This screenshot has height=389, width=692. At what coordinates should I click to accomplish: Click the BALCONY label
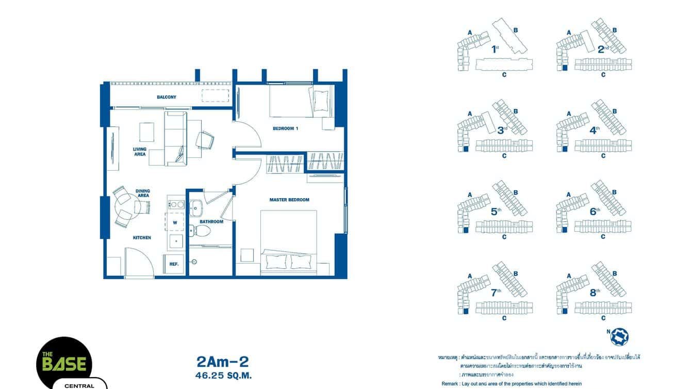[x=167, y=97]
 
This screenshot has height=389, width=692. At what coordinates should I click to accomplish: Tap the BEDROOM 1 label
[x=286, y=128]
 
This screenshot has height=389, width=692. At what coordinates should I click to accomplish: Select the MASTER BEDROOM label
[x=289, y=200]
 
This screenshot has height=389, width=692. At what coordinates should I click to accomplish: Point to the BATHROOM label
[x=211, y=222]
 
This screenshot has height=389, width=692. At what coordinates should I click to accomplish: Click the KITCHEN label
[x=142, y=238]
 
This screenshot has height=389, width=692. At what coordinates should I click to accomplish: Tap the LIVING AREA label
[x=140, y=152]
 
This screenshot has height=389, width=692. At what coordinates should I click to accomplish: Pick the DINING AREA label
[x=143, y=193]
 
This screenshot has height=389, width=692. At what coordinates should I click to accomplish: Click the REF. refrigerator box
[x=174, y=264]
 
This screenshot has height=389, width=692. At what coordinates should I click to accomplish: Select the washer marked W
[x=175, y=223]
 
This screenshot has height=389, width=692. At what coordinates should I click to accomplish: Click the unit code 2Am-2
[x=223, y=361]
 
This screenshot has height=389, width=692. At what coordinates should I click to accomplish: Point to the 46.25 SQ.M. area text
[x=223, y=376]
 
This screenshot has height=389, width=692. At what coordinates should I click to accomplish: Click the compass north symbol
[x=619, y=336]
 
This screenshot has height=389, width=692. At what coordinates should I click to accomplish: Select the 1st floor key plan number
[x=495, y=50]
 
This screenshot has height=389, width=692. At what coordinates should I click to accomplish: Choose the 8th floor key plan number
[x=595, y=293]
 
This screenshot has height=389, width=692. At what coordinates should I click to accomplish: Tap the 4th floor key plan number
[x=594, y=131]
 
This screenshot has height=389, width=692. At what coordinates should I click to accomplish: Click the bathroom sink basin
[x=196, y=208]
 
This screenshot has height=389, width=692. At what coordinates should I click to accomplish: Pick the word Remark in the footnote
[x=450, y=384]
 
